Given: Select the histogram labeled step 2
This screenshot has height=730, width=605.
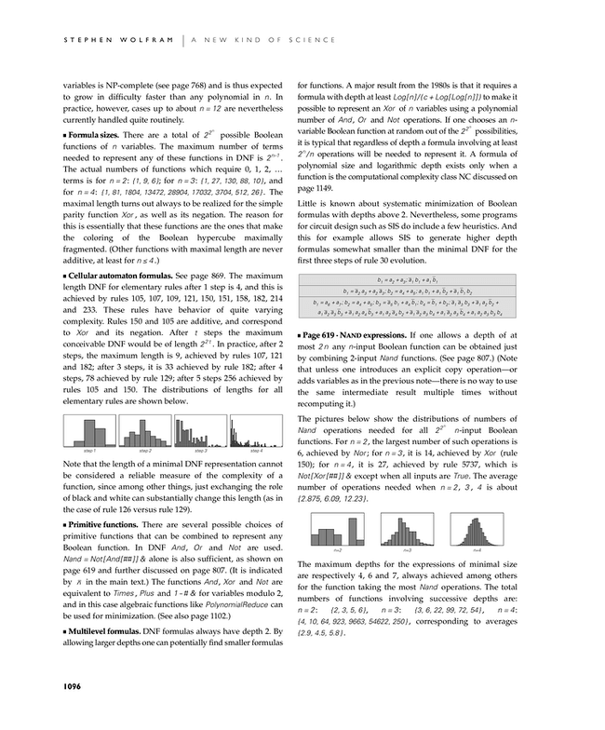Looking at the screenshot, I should [143, 432].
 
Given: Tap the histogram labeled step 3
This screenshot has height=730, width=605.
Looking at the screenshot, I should [199, 432].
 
